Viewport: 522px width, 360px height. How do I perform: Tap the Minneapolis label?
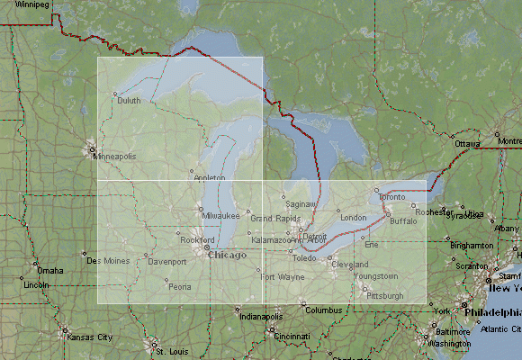click(114, 156)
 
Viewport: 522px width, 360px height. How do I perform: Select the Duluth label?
click(128, 101)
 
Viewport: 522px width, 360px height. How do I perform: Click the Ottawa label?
click(467, 144)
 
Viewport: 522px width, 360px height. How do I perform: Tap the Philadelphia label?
click(491, 312)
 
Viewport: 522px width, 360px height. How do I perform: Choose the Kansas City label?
click(93, 337)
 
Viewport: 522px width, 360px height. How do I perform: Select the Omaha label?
click(50, 270)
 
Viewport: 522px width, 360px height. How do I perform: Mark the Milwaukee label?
click(220, 216)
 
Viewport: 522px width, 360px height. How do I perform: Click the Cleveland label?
click(349, 265)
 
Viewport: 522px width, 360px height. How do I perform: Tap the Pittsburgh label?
click(385, 295)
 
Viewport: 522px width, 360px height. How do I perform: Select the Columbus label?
click(324, 310)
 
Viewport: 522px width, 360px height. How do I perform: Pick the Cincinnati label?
click(292, 336)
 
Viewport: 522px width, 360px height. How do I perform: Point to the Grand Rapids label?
click(275, 219)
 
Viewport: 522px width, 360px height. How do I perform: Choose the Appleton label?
click(210, 178)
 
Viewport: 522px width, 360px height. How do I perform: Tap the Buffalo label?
click(404, 220)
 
